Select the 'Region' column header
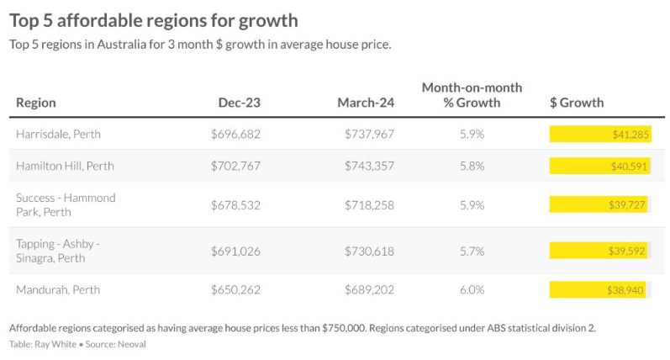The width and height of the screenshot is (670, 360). [36, 103]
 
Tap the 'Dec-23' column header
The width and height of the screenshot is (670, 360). [240, 103]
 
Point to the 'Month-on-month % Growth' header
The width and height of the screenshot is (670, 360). [472, 95]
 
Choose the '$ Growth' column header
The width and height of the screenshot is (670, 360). [576, 103]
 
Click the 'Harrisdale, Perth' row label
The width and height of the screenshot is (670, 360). [58, 134]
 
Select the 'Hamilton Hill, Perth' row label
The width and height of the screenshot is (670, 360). [66, 166]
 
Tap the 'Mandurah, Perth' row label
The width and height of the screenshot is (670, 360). [58, 289]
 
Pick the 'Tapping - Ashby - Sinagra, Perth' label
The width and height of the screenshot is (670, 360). [58, 251]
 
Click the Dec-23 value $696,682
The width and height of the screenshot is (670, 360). [235, 134]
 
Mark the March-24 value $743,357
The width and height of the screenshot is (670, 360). [369, 166]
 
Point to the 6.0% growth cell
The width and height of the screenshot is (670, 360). [472, 289]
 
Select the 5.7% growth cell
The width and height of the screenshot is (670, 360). [472, 251]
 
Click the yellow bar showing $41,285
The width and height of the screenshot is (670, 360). [601, 134]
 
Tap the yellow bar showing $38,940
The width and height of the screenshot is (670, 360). [598, 289]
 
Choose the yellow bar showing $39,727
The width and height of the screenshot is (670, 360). [599, 204]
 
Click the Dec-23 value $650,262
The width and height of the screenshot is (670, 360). [235, 289]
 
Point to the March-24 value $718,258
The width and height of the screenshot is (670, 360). [369, 204]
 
